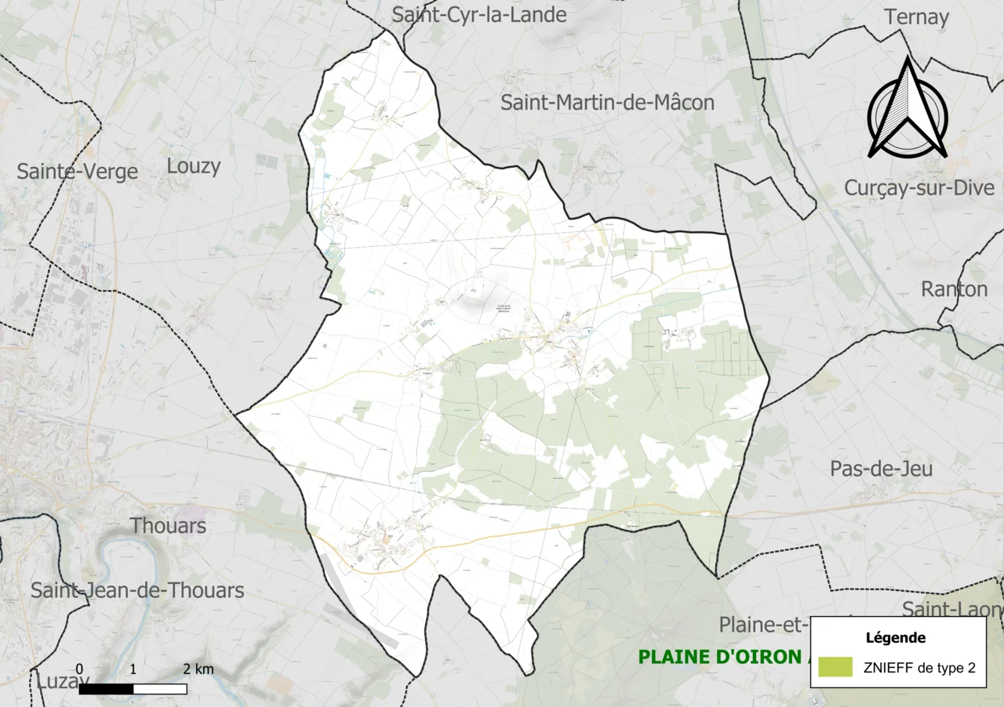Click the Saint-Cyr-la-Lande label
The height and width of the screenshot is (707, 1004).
click(478, 15)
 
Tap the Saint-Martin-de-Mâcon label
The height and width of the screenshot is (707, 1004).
click(607, 103)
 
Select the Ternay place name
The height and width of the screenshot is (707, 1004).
click(916, 17)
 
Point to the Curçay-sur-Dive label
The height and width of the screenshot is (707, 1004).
click(919, 188)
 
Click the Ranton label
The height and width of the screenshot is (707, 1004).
click(954, 289)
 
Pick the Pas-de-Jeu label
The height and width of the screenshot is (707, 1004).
click(881, 469)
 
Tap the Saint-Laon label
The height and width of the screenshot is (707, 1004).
click(951, 609)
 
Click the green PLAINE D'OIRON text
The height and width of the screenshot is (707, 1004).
click(718, 657)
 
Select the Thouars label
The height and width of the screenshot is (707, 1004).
click(169, 526)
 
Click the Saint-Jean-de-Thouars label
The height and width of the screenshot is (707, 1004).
click(137, 590)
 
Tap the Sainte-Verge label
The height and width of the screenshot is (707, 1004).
click(77, 172)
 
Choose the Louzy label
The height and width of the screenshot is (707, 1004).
click(194, 166)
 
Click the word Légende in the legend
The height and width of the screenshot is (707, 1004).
click(896, 638)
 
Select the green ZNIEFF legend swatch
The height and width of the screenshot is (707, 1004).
click(835, 668)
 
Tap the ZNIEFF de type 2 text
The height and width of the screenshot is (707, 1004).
click(919, 669)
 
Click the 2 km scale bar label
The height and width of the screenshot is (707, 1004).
click(198, 670)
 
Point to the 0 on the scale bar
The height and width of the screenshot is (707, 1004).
click(80, 670)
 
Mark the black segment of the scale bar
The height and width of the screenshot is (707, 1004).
click(106, 689)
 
